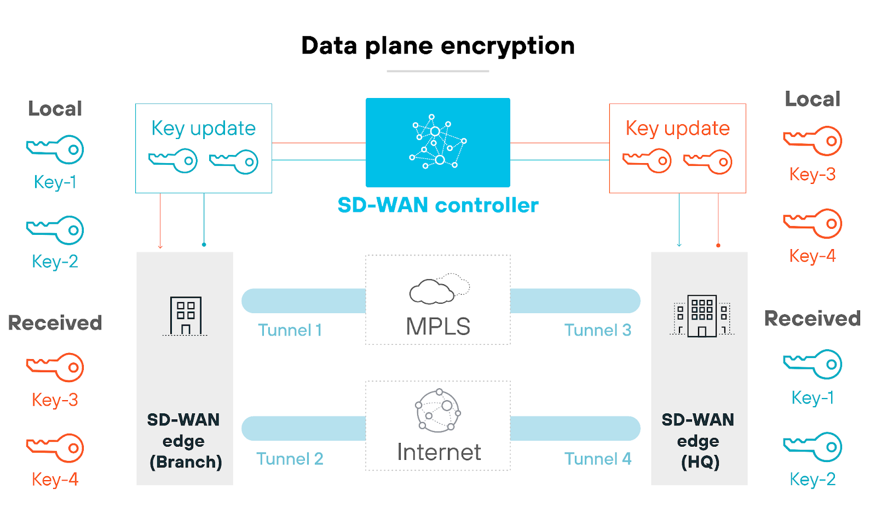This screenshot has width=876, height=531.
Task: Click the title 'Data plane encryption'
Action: [437, 46]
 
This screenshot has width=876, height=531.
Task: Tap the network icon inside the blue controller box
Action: [438, 142]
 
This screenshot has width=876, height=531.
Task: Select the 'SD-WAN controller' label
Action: [438, 205]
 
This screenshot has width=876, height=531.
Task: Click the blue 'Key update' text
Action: [203, 129]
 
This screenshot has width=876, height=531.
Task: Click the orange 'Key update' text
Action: [677, 129]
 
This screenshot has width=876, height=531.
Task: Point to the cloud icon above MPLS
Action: [439, 289]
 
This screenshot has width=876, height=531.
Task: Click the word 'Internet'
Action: [439, 452]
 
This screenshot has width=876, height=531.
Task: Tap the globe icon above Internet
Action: [438, 411]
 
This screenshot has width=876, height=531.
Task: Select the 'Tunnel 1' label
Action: [290, 330]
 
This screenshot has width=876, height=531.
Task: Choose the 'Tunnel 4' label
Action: [597, 459]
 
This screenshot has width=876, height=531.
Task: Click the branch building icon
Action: [186, 316]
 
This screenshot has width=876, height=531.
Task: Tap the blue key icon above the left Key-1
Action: [55, 149]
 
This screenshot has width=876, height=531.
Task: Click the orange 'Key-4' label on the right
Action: [812, 256]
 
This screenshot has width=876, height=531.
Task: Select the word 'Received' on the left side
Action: [55, 323]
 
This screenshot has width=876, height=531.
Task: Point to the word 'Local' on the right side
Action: [812, 99]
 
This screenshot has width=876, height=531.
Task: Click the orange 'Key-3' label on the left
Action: [55, 400]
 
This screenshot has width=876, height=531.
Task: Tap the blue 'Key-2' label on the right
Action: [812, 480]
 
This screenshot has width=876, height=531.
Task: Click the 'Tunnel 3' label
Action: [597, 330]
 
